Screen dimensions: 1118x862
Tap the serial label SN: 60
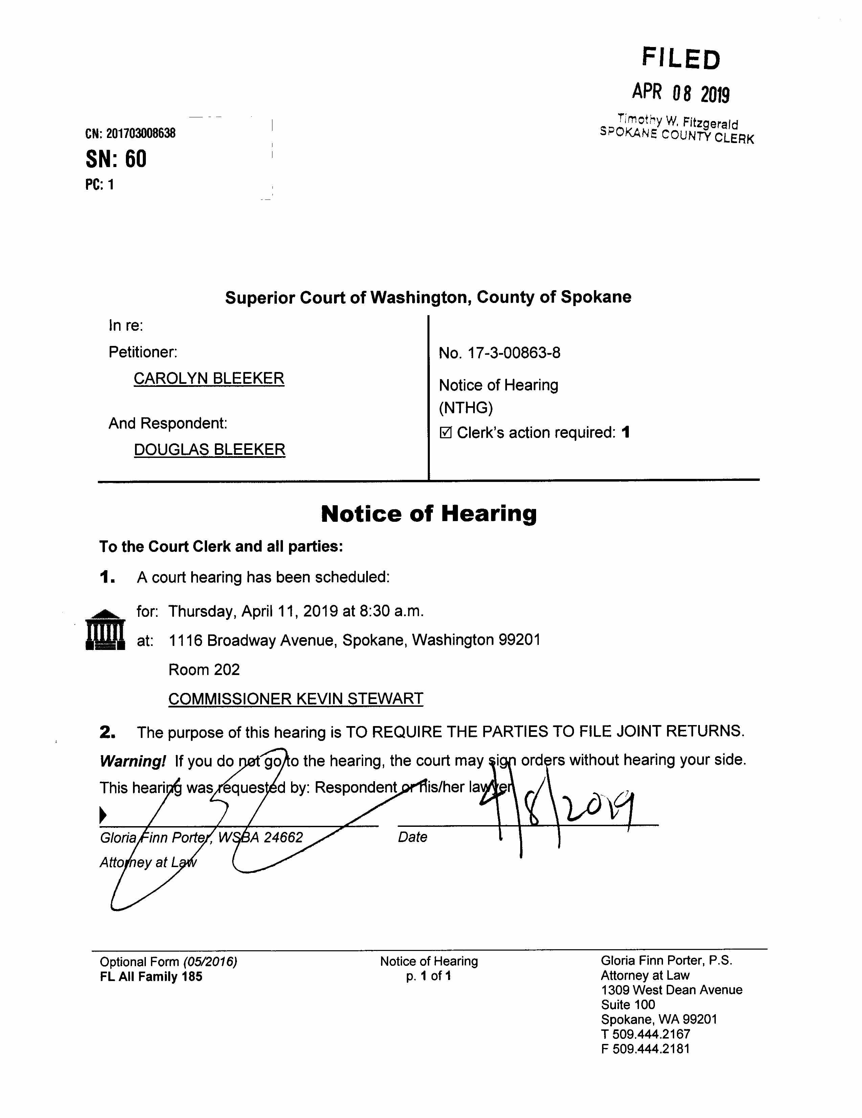click(116, 159)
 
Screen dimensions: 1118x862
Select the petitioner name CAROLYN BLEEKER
click(208, 378)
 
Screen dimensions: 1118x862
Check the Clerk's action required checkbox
click(446, 433)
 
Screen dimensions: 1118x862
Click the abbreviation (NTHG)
click(466, 408)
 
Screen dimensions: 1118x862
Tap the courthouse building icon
click(105, 630)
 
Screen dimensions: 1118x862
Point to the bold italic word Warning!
click(132, 761)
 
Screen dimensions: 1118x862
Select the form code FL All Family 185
click(151, 976)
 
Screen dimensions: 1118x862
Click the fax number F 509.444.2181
click(645, 1049)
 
